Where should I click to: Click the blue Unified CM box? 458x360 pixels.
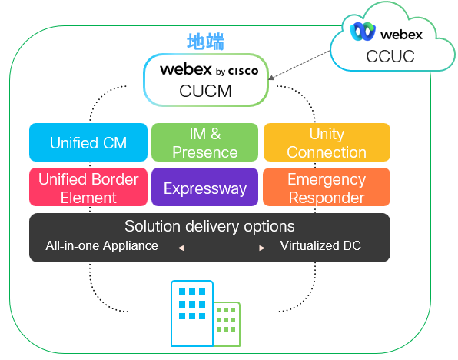tap(88, 142)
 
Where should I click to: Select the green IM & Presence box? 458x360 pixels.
tap(204, 142)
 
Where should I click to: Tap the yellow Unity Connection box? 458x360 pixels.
tap(327, 142)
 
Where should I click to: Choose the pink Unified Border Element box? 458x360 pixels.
tap(88, 187)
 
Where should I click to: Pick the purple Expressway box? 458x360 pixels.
tap(204, 187)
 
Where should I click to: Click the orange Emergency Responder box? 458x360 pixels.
tap(327, 187)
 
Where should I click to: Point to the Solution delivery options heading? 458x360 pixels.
tap(210, 226)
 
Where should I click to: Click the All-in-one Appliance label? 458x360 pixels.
tap(101, 245)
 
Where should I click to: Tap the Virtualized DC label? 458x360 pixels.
tap(320, 245)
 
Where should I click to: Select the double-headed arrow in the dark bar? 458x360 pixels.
tap(221, 248)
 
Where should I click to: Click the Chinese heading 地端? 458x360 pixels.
tap(206, 42)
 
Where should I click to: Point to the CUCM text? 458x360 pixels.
tap(206, 91)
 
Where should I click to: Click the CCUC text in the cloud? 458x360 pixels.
tap(390, 56)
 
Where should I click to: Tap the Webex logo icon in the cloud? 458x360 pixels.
tap(363, 32)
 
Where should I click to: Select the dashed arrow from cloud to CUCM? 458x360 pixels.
tap(299, 65)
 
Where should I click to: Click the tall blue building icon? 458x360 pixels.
tap(192, 313)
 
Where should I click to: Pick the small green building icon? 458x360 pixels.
tap(227, 324)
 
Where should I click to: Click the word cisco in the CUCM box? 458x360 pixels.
tap(243, 71)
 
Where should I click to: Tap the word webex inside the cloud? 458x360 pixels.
tap(402, 35)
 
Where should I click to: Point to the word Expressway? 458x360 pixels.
tap(205, 188)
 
